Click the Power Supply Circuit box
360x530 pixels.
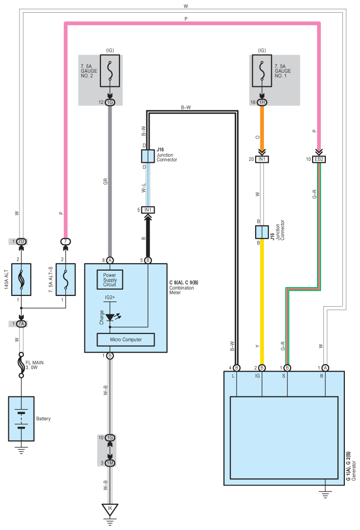pyautogui.click(x=110, y=280)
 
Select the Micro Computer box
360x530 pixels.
pyautogui.click(x=126, y=339)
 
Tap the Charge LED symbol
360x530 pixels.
pyautogui.click(x=110, y=317)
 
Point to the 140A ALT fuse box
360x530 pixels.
pyautogui.click(x=21, y=279)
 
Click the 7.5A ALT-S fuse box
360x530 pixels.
pyautogui.click(x=65, y=279)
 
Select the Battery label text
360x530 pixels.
pyautogui.click(x=43, y=419)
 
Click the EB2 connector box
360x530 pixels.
pyautogui.click(x=320, y=159)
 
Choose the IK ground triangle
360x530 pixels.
pyautogui.click(x=110, y=510)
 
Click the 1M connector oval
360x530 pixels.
pyautogui.click(x=110, y=463)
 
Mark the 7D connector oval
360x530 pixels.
pyautogui.click(x=21, y=241)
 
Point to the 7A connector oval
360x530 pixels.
pyautogui.click(x=21, y=324)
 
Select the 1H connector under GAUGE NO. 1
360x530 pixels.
pyautogui.click(x=262, y=102)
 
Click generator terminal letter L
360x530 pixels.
pyautogui.click(x=237, y=376)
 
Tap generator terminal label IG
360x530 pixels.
pyautogui.click(x=262, y=376)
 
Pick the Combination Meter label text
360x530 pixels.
pyautogui.click(x=181, y=291)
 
